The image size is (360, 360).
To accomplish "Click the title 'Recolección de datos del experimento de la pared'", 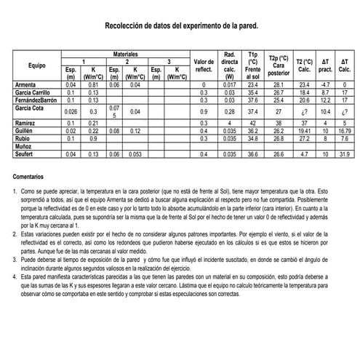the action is [x=180, y=24].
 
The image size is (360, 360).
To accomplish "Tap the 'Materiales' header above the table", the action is [x=126, y=55].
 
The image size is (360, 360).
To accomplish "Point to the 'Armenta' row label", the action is [x=26, y=85].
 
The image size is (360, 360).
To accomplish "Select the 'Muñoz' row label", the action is [x=24, y=146].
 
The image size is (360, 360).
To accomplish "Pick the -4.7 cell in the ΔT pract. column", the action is [x=326, y=85].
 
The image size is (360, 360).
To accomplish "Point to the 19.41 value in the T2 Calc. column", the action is [x=305, y=131].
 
